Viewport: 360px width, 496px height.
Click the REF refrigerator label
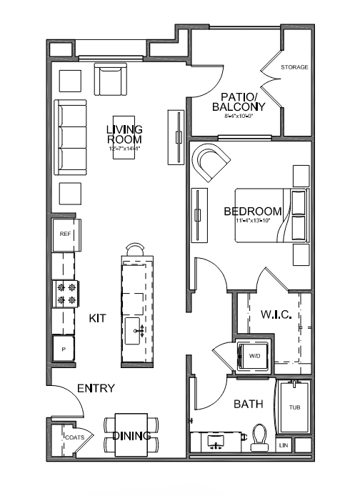click(64, 234)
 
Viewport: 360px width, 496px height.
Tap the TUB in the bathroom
click(294, 408)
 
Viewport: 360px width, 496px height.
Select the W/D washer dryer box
click(254, 354)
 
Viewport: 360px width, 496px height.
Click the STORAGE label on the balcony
click(294, 67)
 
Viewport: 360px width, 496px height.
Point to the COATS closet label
click(76, 437)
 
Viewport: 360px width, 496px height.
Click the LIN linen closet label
click(284, 446)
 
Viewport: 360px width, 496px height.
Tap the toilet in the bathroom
click(259, 437)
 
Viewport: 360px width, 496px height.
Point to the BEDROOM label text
click(252, 212)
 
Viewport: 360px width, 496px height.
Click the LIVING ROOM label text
click(124, 134)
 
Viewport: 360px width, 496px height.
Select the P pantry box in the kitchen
click(63, 349)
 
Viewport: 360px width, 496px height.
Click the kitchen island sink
click(135, 329)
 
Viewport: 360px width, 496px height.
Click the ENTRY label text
click(96, 389)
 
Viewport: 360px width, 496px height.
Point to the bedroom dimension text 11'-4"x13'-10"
click(254, 222)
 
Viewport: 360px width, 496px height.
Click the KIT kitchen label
click(98, 318)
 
